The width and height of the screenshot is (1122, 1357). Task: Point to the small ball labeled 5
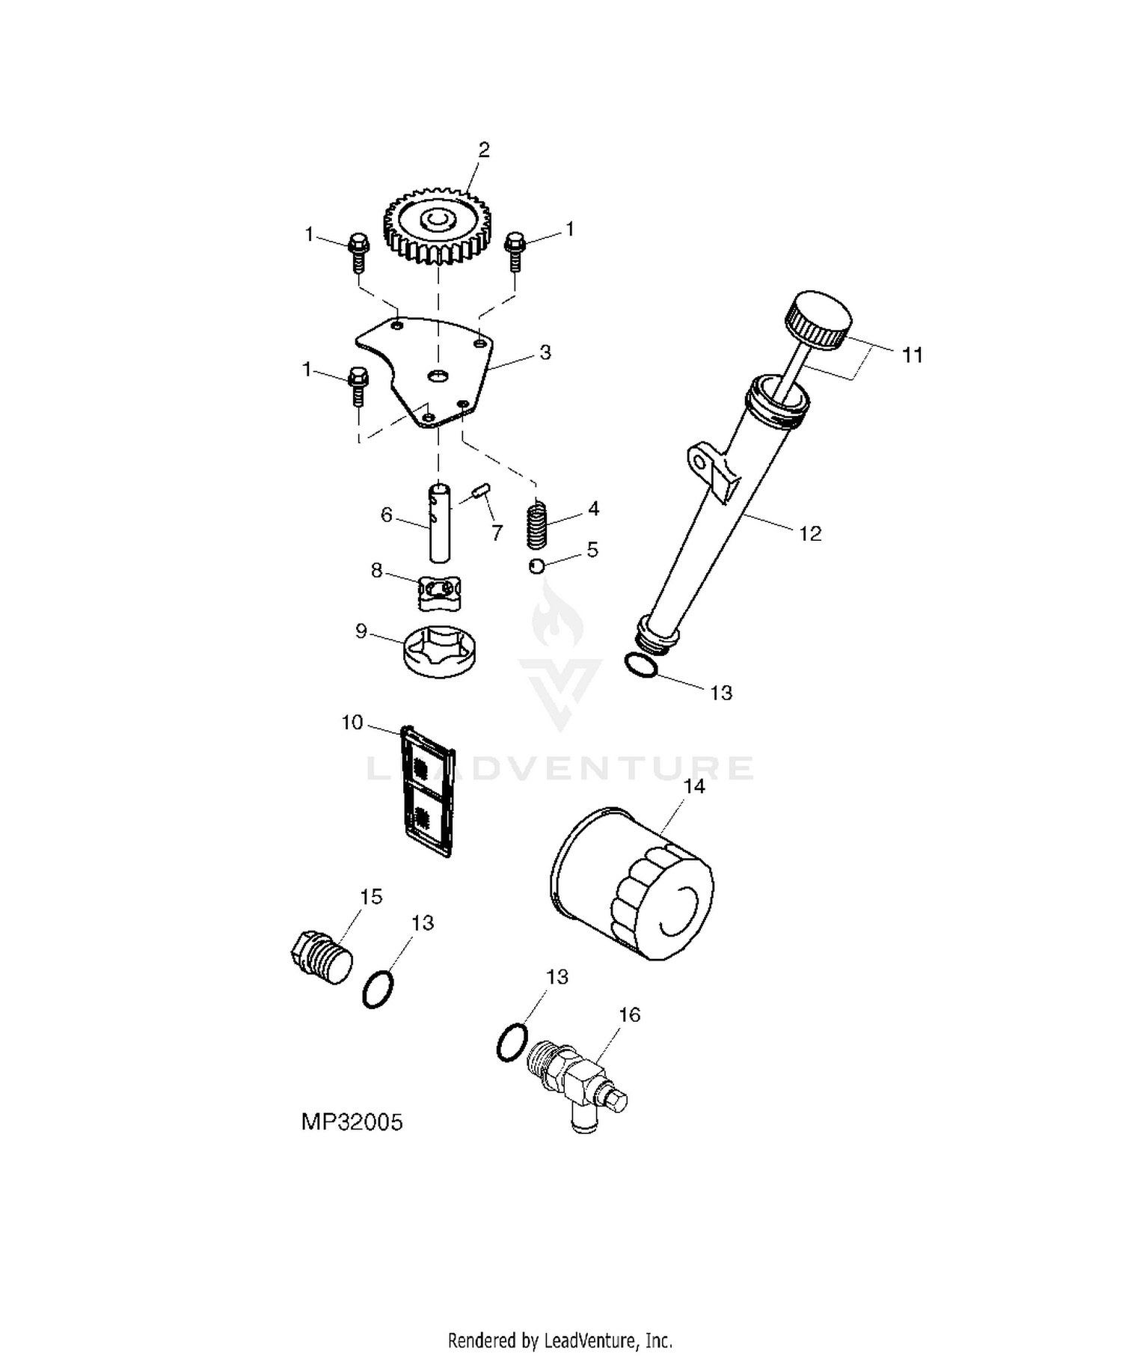pyautogui.click(x=536, y=566)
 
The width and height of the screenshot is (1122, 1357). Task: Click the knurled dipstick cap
pyautogui.click(x=818, y=318)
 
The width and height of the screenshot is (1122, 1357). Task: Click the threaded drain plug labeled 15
pyautogui.click(x=322, y=956)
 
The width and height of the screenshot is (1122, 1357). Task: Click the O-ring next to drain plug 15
pyautogui.click(x=378, y=989)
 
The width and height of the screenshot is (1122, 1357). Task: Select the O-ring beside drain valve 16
pyautogui.click(x=512, y=1042)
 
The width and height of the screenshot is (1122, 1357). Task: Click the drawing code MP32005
pyautogui.click(x=352, y=1122)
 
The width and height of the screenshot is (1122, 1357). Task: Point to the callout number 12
pyautogui.click(x=810, y=533)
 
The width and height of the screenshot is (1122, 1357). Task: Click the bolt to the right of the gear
pyautogui.click(x=515, y=251)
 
